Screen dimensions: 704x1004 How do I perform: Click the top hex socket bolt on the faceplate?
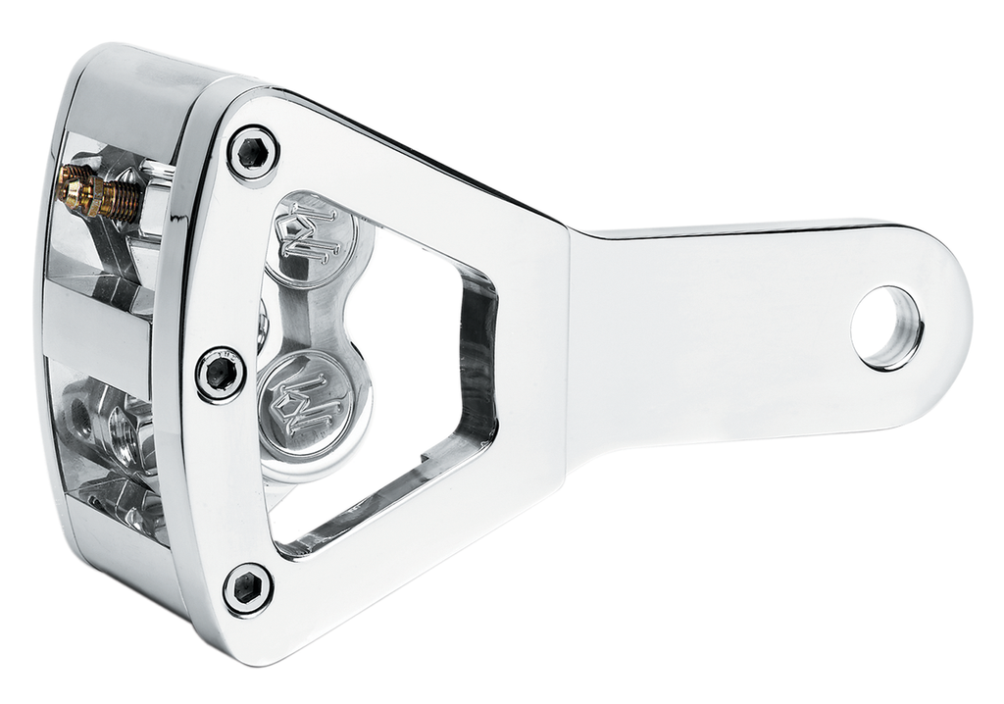pos(253,153)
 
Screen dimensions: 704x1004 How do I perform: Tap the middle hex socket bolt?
pos(220,374)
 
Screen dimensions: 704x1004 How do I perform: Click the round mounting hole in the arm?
pos(886,327)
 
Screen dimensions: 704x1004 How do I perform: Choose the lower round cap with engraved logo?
pos(306,404)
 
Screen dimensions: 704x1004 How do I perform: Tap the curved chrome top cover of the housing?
pos(147,88)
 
